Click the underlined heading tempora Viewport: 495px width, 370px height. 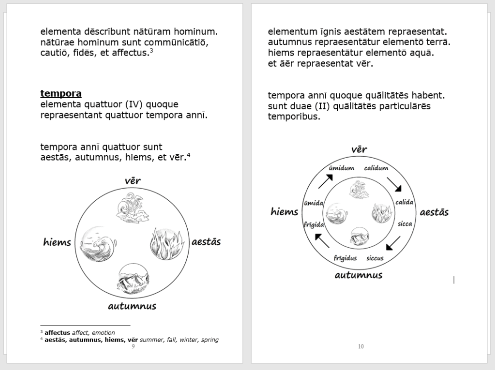[60, 93]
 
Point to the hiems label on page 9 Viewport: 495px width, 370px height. [57, 242]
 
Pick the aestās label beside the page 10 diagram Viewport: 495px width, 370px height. [434, 212]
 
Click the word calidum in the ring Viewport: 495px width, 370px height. [376, 168]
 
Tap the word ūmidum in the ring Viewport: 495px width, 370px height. [342, 168]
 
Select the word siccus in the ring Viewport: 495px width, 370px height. [375, 258]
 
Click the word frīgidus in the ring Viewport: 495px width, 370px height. [345, 258]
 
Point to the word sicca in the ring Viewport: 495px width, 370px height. [405, 224]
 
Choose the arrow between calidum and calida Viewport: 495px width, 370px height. [394, 184]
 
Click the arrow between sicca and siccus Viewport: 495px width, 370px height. [393, 243]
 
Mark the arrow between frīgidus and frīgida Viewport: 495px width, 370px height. [322, 240]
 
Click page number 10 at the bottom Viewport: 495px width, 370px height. [361, 346]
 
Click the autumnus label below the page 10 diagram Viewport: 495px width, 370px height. [359, 275]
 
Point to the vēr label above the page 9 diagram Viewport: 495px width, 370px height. [132, 181]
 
